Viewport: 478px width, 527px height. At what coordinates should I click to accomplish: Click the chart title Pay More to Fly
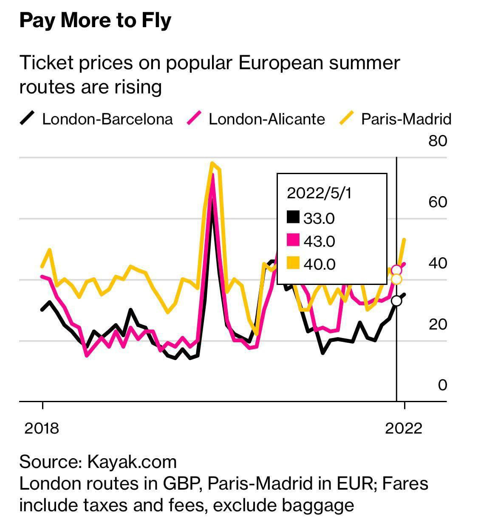coord(95,21)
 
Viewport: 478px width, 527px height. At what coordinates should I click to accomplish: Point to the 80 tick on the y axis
coord(438,141)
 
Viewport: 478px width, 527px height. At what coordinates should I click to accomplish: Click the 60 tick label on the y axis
coord(438,202)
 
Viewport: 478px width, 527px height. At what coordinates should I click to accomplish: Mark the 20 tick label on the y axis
coord(438,324)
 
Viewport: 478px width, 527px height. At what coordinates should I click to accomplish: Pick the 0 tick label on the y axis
coord(442,385)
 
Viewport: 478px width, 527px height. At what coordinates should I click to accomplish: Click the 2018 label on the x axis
coord(42,428)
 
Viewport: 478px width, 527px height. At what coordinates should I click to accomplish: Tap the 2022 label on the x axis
coord(404,428)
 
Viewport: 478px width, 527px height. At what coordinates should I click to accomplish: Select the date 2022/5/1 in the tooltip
coord(320,193)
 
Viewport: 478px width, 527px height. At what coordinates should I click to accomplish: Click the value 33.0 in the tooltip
coord(319,218)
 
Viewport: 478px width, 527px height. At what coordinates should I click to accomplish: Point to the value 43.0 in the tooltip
coord(319,241)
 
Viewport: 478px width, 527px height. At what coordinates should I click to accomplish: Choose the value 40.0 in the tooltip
coord(319,264)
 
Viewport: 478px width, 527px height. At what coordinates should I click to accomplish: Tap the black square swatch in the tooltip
coord(293,217)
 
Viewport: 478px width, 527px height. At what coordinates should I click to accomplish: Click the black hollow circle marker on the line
coord(396,301)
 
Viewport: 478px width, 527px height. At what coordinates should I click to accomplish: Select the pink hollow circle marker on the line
coord(396,270)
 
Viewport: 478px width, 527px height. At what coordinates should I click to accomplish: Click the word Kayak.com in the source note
coord(132,462)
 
